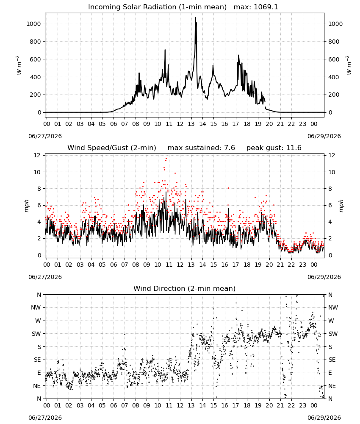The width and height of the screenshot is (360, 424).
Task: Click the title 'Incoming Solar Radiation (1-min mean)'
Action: tap(157, 7)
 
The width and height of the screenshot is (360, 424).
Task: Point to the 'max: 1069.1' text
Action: tap(256, 7)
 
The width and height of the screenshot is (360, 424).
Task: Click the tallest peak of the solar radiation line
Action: tap(196, 18)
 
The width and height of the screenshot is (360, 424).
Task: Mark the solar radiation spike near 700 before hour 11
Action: tap(165, 50)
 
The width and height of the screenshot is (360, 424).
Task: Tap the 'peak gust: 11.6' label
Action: tap(274, 148)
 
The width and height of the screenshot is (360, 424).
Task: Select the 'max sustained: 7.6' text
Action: tap(201, 148)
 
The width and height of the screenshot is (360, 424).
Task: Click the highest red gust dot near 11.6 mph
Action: tap(166, 159)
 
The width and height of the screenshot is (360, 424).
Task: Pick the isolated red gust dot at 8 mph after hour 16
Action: tap(228, 188)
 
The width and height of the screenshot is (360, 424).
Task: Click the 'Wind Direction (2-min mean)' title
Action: tap(185, 288)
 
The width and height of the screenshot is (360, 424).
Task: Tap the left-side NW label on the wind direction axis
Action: tap(36, 307)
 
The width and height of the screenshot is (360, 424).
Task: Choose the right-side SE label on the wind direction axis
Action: tap(332, 360)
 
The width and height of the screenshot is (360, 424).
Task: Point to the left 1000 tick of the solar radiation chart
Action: tap(33, 24)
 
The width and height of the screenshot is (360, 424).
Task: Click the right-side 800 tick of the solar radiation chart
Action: tap(334, 42)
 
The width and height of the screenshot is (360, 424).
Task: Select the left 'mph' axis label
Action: tap(26, 206)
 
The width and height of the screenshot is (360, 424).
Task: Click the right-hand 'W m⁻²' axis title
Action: tap(349, 65)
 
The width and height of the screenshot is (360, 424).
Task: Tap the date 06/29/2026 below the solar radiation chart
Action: tap(324, 136)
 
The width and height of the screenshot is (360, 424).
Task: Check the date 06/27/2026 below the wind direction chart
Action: tap(45, 418)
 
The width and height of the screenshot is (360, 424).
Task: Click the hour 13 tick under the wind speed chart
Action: tap(191, 265)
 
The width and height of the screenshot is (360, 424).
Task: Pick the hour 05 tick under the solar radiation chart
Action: tap(102, 124)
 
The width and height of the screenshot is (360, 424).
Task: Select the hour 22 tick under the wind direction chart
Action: tap(291, 406)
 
